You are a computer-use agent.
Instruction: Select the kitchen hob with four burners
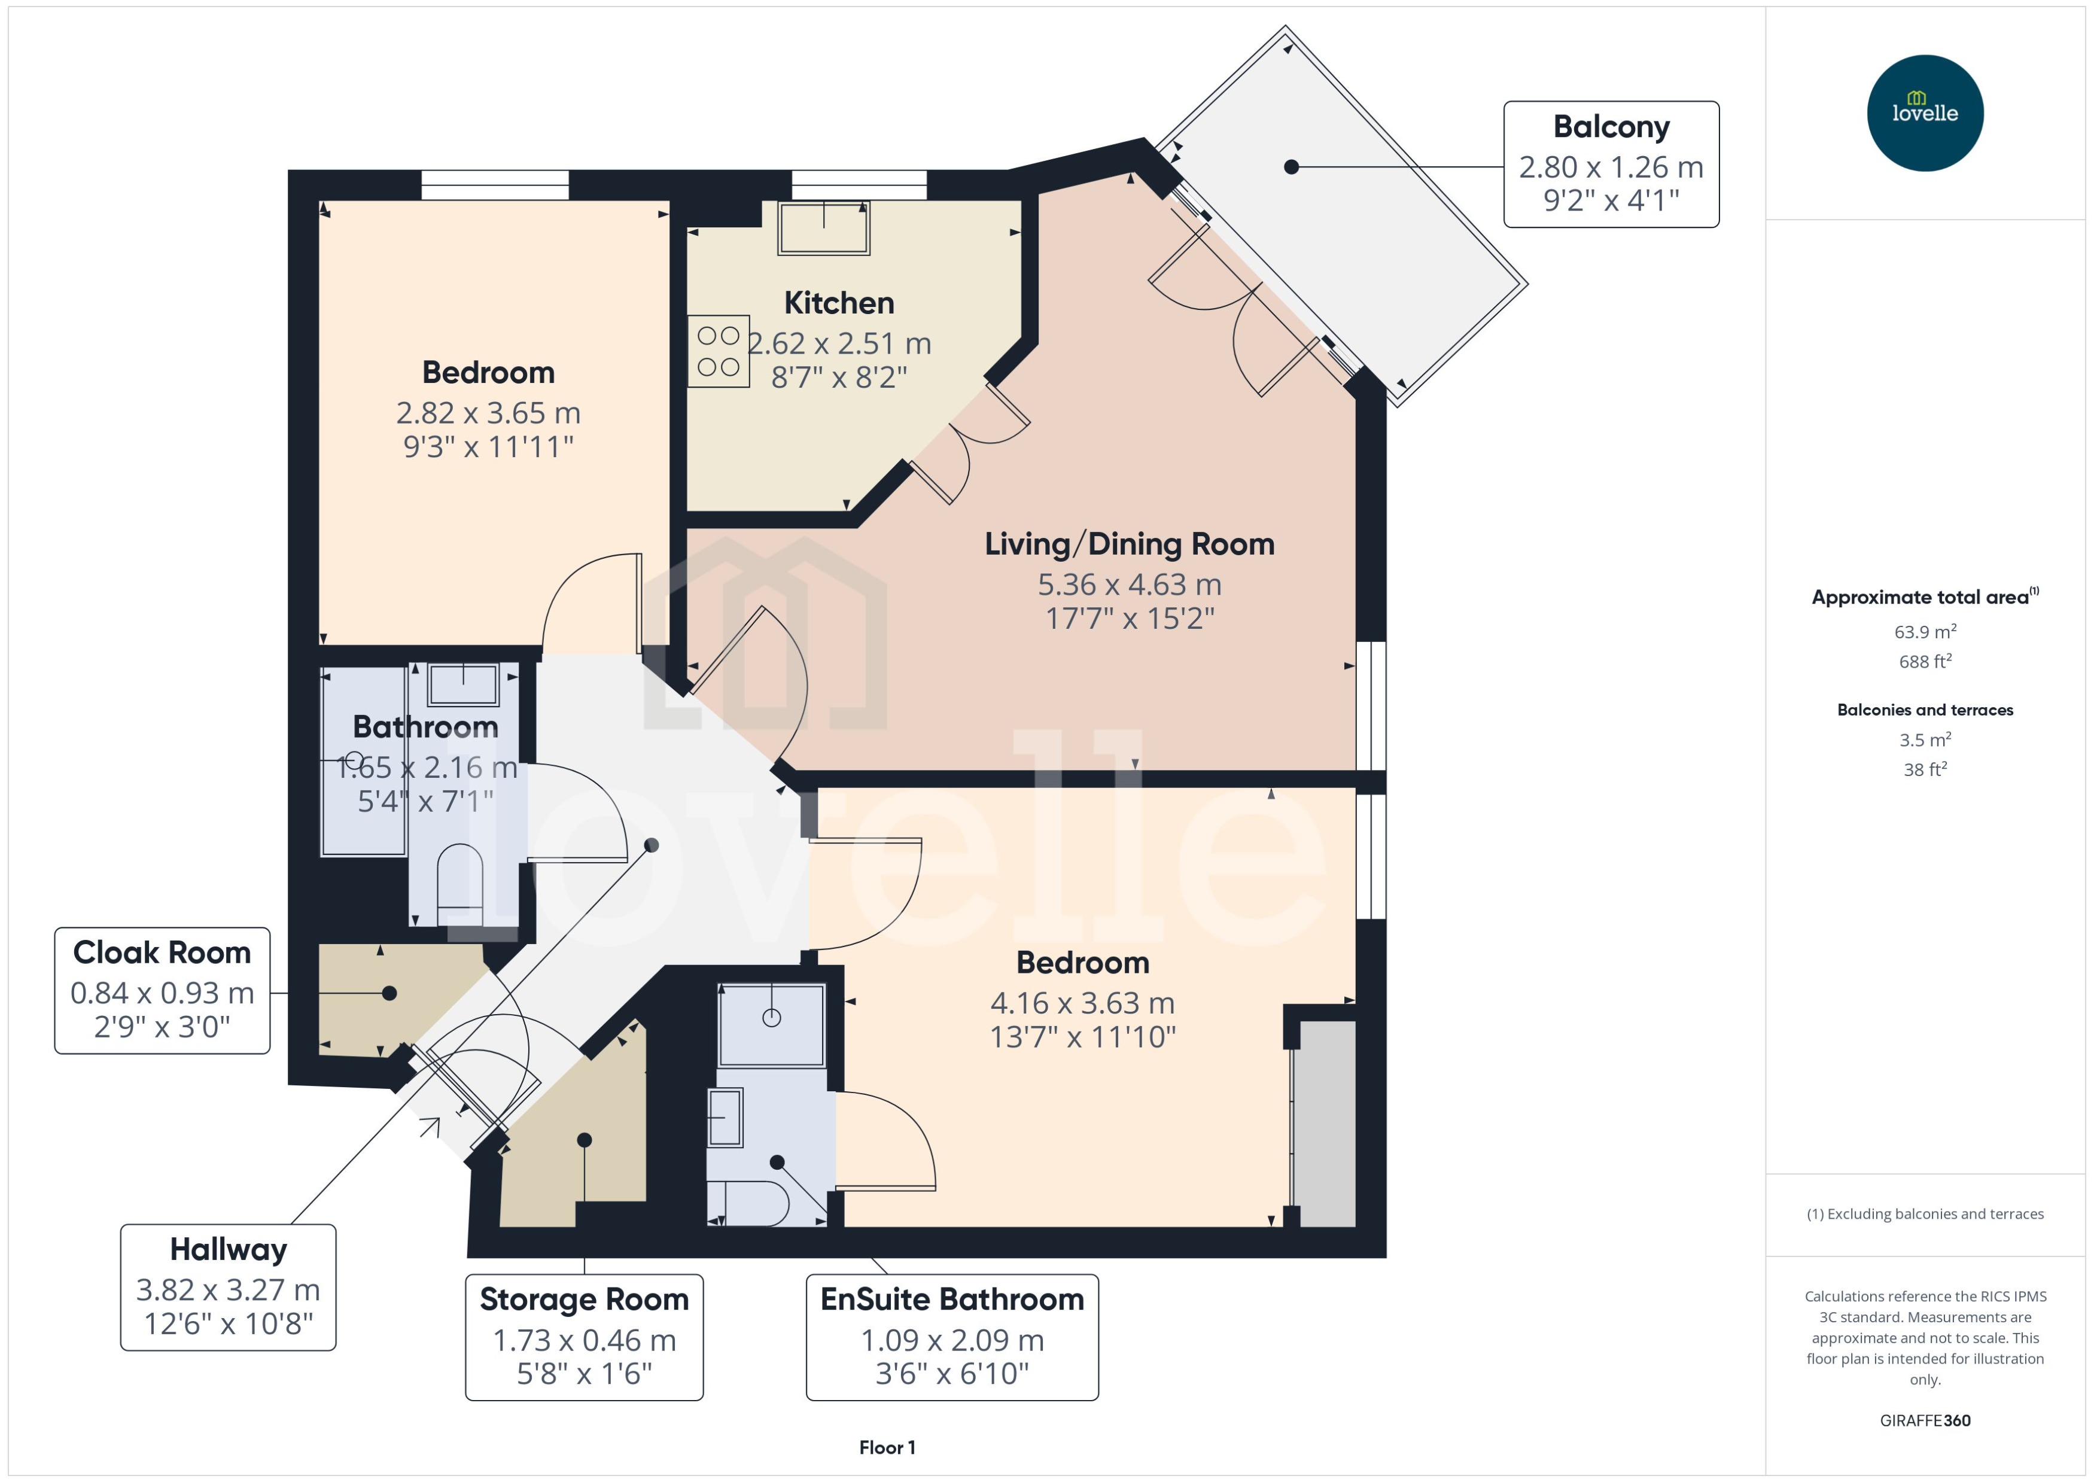[718, 351]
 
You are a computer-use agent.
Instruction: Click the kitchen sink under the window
[823, 227]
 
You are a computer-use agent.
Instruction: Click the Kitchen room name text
[839, 302]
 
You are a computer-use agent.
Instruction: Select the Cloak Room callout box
[162, 990]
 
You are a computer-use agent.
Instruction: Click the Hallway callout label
[228, 1287]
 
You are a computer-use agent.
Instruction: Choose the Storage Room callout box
[584, 1337]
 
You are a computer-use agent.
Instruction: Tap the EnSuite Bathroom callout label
[952, 1337]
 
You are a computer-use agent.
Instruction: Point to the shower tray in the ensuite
[771, 1024]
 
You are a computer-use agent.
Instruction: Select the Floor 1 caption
[887, 1447]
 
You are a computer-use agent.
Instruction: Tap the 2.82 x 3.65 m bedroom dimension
[488, 412]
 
